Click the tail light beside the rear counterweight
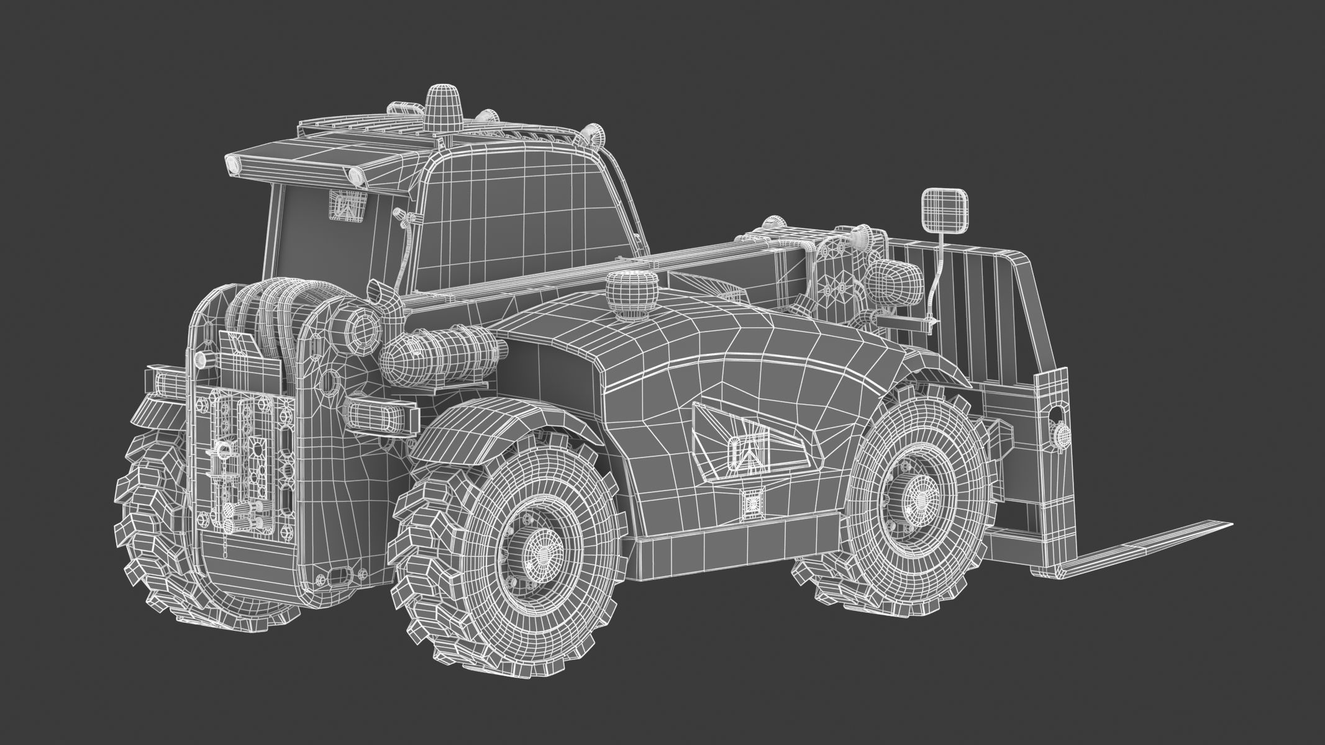click(379, 415)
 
